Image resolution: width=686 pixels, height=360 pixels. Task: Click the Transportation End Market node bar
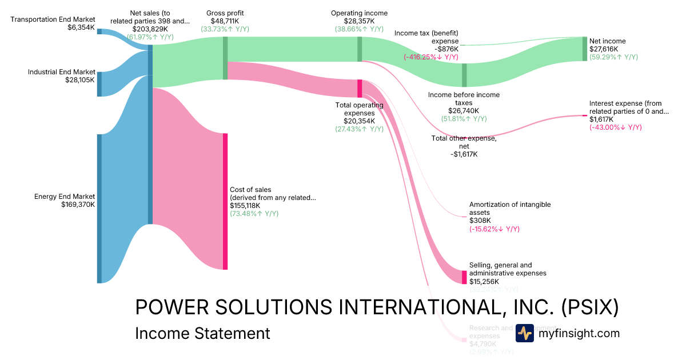pyautogui.click(x=99, y=31)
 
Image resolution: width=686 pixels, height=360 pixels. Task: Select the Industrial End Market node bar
pyautogui.click(x=99, y=84)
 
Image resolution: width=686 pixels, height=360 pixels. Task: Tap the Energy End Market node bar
pyautogui.click(x=99, y=209)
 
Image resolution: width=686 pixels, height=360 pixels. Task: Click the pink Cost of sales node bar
pyautogui.click(x=225, y=201)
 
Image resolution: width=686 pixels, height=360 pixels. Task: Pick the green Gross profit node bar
pyautogui.click(x=225, y=58)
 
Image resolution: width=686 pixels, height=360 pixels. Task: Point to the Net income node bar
pyautogui.click(x=585, y=49)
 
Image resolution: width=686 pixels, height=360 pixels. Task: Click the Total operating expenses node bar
pyautogui.click(x=360, y=89)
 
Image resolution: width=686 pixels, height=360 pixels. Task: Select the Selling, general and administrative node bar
pyautogui.click(x=464, y=277)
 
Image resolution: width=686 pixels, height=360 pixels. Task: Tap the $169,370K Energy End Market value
pyautogui.click(x=78, y=204)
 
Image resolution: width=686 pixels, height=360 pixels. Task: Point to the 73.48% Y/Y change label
pyautogui.click(x=254, y=214)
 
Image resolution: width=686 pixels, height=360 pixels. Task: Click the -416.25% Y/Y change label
pyautogui.click(x=431, y=57)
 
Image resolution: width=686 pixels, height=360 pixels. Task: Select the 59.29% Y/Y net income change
pyautogui.click(x=613, y=57)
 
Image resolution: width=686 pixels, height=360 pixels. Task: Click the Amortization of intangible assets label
pyautogui.click(x=502, y=209)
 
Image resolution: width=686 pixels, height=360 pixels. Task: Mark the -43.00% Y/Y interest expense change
pyautogui.click(x=616, y=127)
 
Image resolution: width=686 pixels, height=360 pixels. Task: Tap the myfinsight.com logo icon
pyautogui.click(x=524, y=333)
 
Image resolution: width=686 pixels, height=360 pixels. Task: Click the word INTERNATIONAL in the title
pyautogui.click(x=422, y=307)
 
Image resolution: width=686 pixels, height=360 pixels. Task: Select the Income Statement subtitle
pyautogui.click(x=202, y=333)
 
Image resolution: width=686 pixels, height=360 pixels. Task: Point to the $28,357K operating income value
pyautogui.click(x=359, y=21)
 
